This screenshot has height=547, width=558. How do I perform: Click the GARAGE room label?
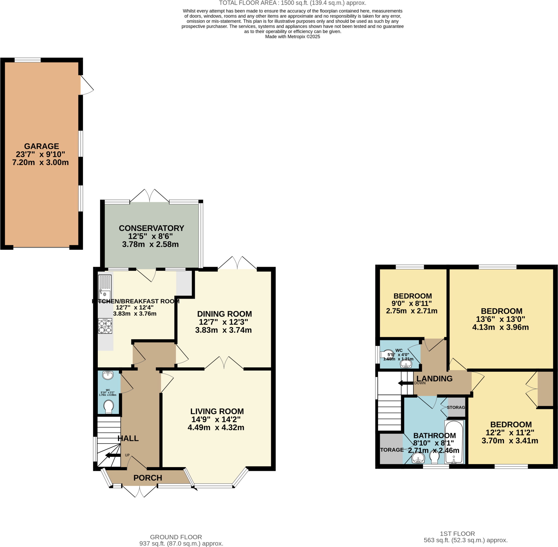[x=41, y=146]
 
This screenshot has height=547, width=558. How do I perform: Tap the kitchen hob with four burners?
[x=105, y=326]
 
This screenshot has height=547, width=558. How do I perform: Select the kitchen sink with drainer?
[x=105, y=286]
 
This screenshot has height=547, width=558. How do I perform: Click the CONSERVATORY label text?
[x=151, y=228]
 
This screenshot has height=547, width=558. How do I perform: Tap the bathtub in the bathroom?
[x=454, y=442]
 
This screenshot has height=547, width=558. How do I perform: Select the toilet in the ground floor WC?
[x=108, y=407]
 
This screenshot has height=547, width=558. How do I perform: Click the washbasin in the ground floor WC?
[x=108, y=375]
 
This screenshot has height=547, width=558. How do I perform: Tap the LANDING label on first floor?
[x=434, y=379]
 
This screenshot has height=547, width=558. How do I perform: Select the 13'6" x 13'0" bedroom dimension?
[x=500, y=319]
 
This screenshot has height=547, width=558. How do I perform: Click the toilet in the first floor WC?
[x=387, y=355]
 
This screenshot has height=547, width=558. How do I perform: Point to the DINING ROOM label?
[x=224, y=314]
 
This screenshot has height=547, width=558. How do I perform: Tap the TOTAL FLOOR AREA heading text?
[x=292, y=3]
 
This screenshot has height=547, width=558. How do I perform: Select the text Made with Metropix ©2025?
[x=292, y=37]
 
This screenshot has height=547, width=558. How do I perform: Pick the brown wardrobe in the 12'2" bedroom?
[x=545, y=389]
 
